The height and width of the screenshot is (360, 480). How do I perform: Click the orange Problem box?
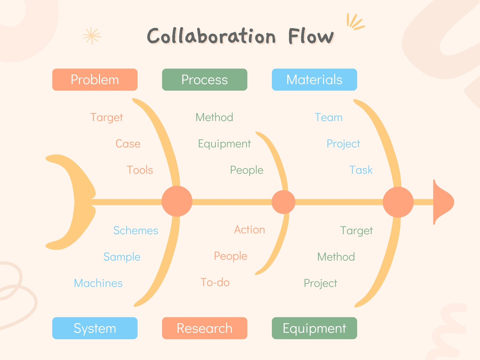[95, 79]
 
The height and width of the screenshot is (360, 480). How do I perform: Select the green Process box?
[205, 79]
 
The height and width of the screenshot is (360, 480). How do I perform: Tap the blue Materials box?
[314, 79]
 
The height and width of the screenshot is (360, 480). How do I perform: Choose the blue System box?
[95, 328]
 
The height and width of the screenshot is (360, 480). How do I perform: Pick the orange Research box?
[205, 328]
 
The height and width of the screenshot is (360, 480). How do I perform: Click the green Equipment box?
[314, 328]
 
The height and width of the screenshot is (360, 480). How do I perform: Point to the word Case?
[128, 144]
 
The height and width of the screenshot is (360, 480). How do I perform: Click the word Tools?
[140, 170]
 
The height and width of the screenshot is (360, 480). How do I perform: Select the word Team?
[328, 117]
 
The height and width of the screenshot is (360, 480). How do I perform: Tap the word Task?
[361, 170]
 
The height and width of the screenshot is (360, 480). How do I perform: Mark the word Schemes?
[136, 230]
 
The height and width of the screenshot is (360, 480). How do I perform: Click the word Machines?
[98, 283]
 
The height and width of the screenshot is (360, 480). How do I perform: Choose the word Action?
[249, 229]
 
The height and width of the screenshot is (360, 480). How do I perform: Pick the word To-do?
[215, 282]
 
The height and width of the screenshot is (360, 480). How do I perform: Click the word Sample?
[122, 257]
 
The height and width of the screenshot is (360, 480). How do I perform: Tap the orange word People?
[230, 256]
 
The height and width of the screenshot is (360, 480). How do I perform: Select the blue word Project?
[343, 144]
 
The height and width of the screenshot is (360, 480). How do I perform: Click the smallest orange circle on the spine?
[283, 202]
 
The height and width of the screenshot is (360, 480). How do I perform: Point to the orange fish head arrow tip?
[454, 202]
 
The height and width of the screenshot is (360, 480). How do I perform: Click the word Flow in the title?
[311, 36]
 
